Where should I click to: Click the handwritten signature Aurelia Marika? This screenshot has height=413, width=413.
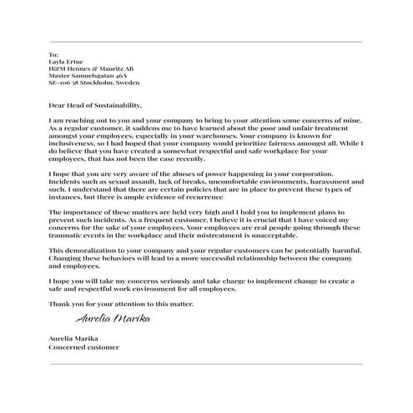pos(106,319)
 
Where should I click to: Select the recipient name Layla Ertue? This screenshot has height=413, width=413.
pos(65,62)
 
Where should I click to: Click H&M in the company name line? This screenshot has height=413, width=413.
pos(57,68)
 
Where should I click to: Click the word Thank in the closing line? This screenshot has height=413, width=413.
pos(59,304)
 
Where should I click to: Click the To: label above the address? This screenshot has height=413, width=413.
pos(53,54)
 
